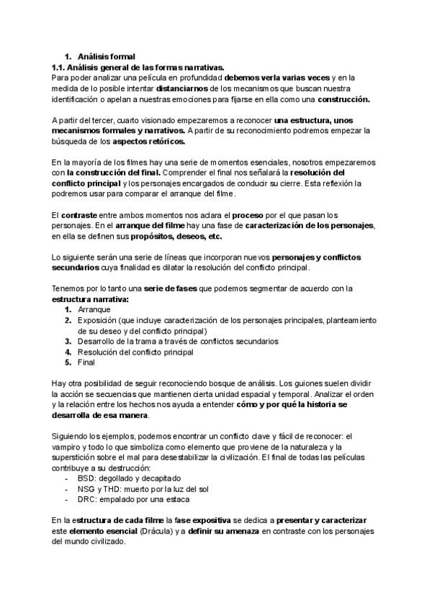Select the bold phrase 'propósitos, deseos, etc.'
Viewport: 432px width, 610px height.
[x=176, y=236]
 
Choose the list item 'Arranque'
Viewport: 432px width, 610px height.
[x=94, y=309]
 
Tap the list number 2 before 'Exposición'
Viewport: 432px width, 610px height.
[x=68, y=320]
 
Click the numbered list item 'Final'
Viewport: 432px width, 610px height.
[x=86, y=363]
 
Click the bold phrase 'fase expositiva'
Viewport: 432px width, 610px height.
[x=212, y=519]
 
